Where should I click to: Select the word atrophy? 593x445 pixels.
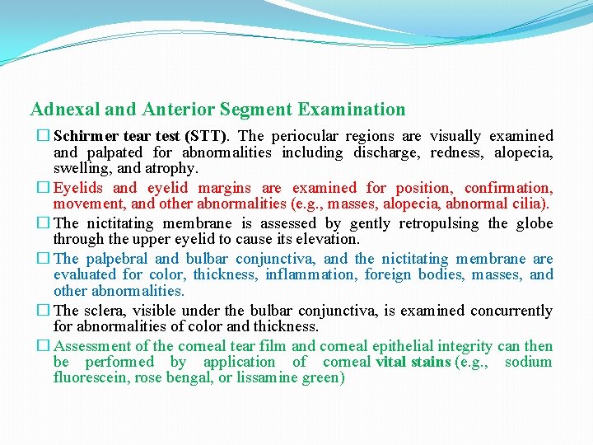(174, 168)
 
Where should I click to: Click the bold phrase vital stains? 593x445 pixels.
(413, 362)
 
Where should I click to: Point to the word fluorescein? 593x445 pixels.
(91, 378)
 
